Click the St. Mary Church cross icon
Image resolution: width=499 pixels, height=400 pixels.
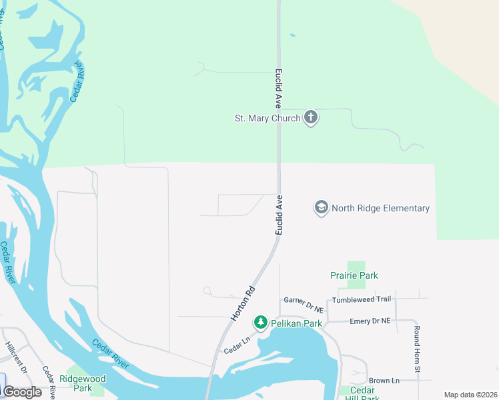point(310,118)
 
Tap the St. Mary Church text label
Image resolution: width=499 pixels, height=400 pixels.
point(267,119)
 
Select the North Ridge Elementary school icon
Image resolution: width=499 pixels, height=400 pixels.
point(321,208)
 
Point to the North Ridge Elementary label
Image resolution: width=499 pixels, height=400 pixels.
point(380,208)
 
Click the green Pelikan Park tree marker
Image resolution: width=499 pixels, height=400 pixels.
point(261,323)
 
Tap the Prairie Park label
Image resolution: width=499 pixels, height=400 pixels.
point(354,275)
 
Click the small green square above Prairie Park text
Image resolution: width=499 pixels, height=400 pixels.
point(356,265)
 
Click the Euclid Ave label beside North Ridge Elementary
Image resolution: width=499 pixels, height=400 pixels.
point(280,215)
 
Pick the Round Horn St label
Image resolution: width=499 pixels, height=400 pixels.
point(416,349)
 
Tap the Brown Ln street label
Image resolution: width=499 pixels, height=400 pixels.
point(384,381)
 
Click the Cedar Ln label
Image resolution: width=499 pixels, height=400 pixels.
point(236,346)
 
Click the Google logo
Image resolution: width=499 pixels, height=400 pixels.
point(22,392)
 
